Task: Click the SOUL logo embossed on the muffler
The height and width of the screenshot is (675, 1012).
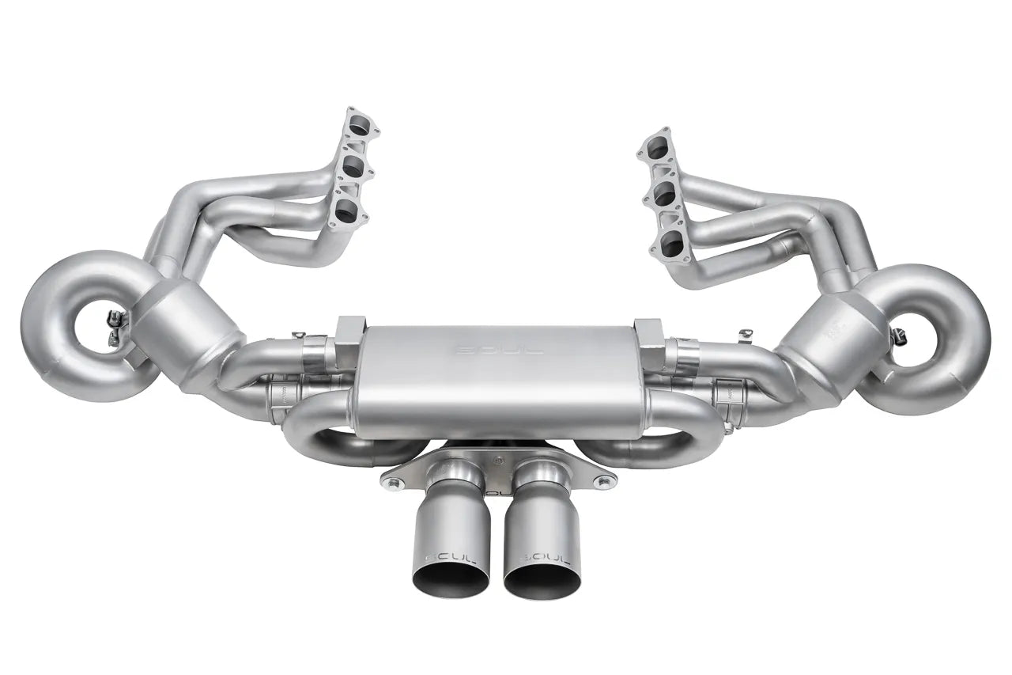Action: [497, 349]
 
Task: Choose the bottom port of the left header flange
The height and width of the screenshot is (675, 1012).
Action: [345, 210]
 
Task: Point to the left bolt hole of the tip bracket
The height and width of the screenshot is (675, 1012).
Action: [388, 478]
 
